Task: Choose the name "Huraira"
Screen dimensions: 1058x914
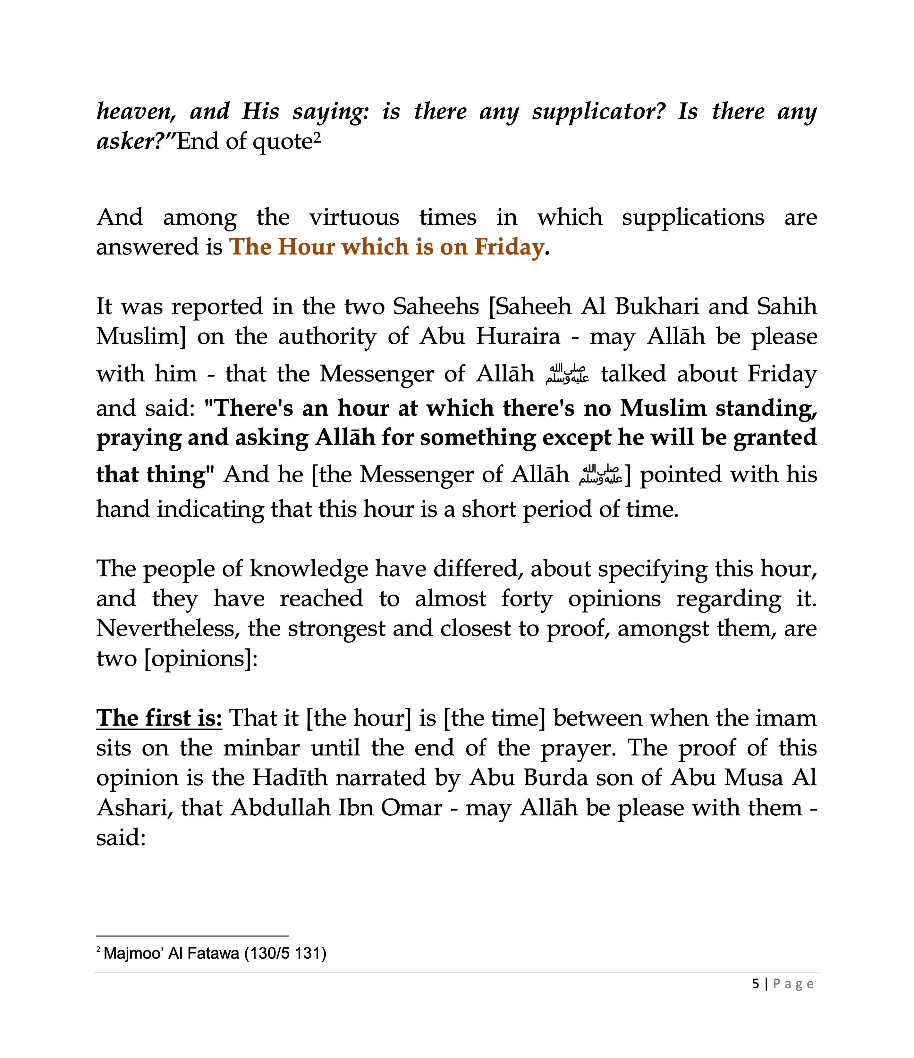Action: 518,337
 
